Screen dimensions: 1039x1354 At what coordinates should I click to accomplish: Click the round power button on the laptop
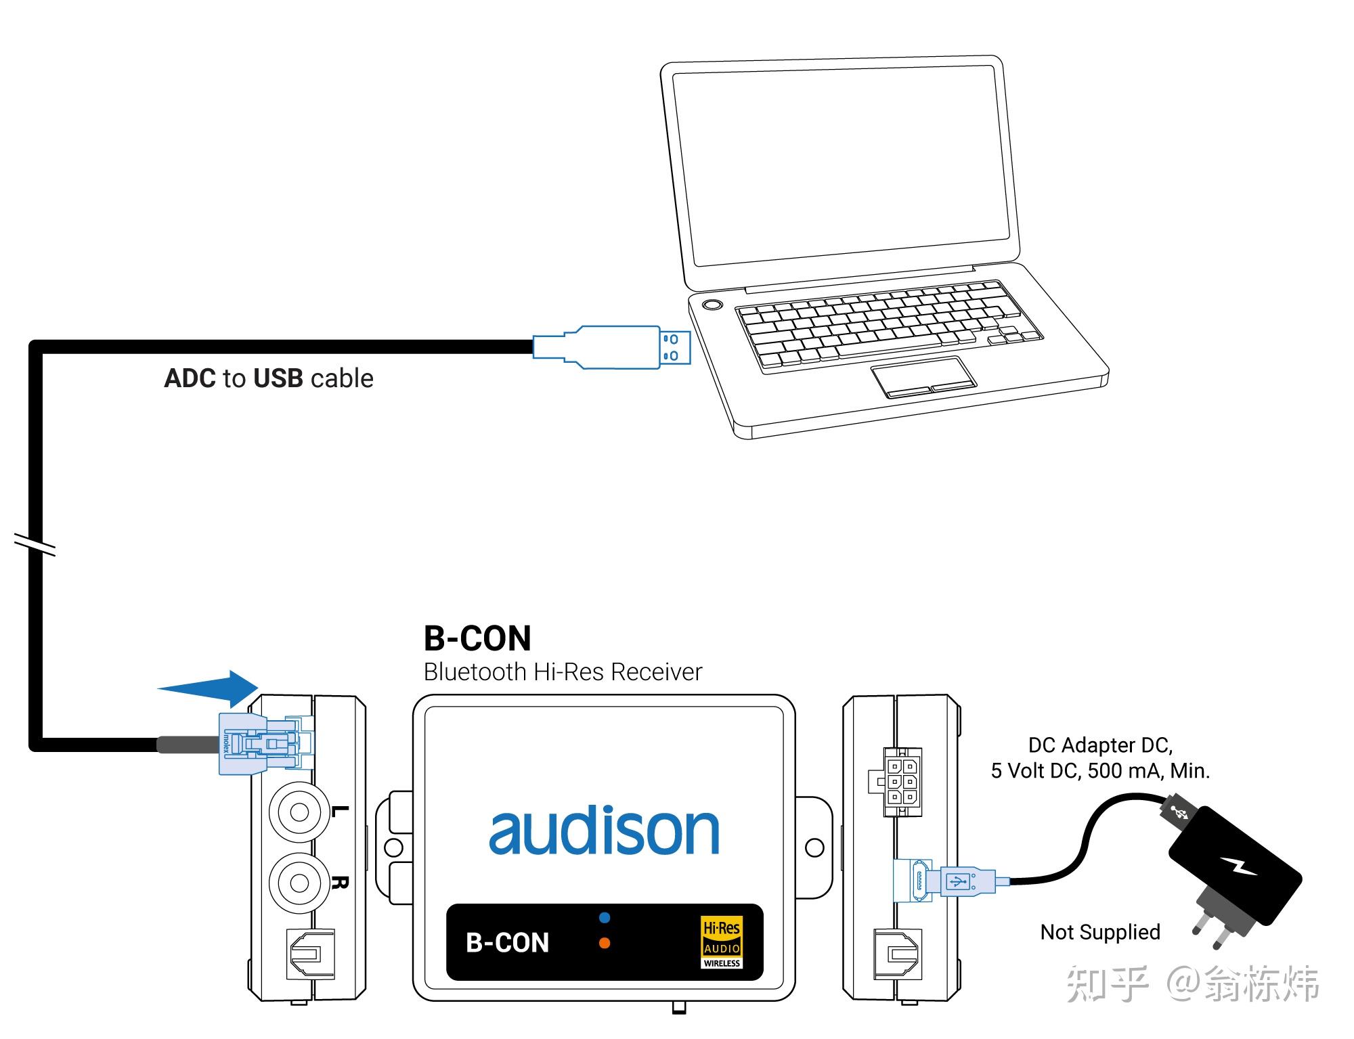tap(712, 305)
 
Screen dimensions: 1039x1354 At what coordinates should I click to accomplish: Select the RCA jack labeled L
tap(299, 812)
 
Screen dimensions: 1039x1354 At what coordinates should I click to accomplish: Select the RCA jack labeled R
tap(299, 882)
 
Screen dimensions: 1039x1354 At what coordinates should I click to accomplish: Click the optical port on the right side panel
tap(897, 954)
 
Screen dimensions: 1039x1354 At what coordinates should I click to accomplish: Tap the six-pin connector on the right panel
tap(900, 782)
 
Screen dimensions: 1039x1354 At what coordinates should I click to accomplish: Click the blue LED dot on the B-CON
tap(605, 918)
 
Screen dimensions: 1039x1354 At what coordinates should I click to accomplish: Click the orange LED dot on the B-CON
tap(605, 943)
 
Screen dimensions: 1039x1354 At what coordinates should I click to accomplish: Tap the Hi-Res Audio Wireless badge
tap(722, 942)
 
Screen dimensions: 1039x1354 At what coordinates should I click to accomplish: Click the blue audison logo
tap(603, 831)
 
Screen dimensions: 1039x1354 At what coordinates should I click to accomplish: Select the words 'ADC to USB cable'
tap(269, 378)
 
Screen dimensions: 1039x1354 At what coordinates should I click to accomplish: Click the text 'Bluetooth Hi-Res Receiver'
tap(563, 672)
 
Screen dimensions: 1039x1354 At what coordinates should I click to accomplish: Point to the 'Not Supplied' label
tap(1100, 932)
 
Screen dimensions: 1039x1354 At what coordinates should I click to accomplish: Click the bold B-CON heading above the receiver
tap(478, 638)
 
